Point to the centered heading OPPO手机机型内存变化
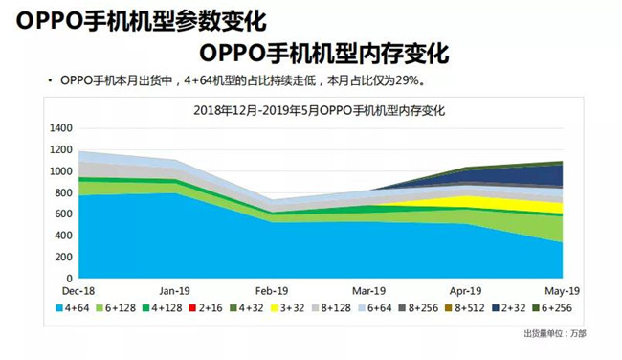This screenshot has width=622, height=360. coord(325,50)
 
